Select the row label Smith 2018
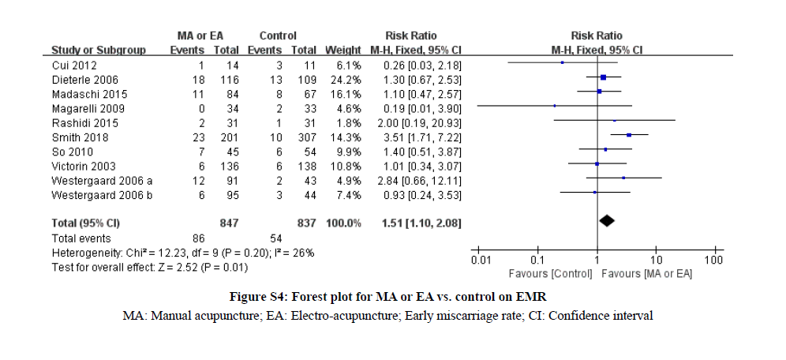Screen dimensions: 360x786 [x=75, y=136]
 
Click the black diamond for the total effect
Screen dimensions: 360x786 [x=606, y=221]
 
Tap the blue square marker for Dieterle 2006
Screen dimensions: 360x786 [x=604, y=77]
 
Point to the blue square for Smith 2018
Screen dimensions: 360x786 [x=629, y=136]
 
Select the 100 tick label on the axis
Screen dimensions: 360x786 [x=714, y=259]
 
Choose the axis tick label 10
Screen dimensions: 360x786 [x=656, y=259]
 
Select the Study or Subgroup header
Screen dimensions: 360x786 [x=98, y=50]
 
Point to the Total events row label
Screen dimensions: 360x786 [x=81, y=238]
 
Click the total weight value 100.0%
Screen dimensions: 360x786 [x=344, y=223]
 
